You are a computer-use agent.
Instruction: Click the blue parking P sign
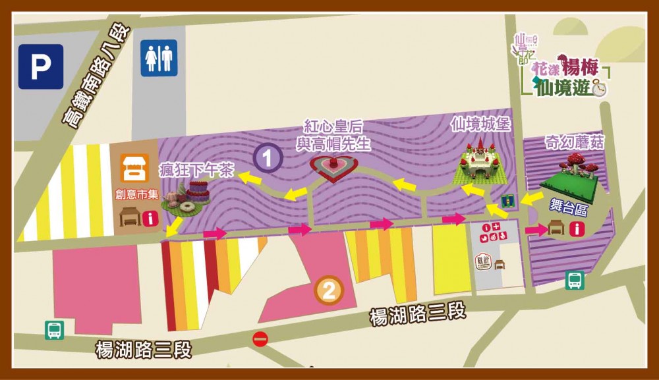click(x=41, y=67)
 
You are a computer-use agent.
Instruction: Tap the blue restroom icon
click(x=159, y=59)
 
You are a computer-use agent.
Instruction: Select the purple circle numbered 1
click(x=268, y=158)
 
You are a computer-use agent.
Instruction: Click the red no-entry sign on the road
click(x=260, y=339)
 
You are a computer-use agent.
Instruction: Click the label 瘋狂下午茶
click(x=196, y=171)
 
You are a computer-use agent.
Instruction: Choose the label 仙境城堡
click(x=479, y=123)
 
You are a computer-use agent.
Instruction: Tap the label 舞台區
click(x=566, y=207)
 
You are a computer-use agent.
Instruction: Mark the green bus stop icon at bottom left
click(x=54, y=330)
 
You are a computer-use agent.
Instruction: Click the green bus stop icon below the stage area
click(x=575, y=281)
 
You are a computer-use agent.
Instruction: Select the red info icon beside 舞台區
click(x=581, y=229)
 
